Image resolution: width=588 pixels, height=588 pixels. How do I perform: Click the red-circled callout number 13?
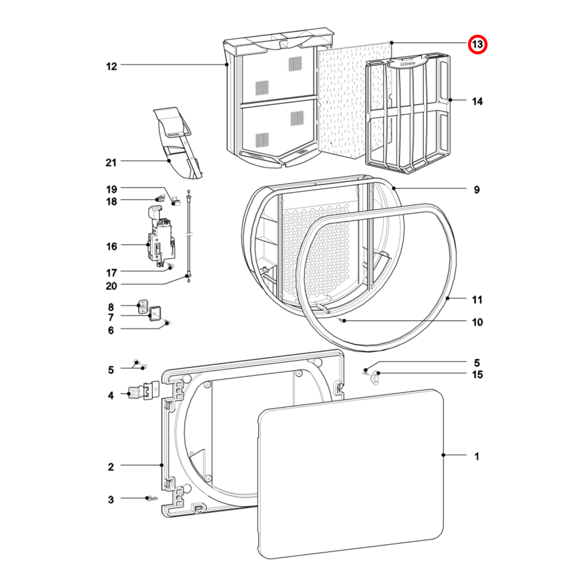pos(477,44)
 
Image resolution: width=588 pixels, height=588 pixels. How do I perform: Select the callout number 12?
pos(111,66)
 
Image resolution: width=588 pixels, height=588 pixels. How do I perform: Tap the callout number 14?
pos(477,101)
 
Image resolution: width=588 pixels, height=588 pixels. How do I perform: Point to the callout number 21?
pos(111,162)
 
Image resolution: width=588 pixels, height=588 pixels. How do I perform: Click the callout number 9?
pos(477,190)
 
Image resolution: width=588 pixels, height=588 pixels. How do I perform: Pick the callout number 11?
pos(477,300)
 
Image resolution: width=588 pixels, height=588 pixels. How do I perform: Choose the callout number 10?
pos(477,322)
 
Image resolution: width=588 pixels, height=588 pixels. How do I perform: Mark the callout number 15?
pos(477,374)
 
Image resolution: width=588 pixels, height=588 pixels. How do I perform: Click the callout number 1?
pos(477,457)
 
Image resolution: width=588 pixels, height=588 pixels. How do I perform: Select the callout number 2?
pos(111,467)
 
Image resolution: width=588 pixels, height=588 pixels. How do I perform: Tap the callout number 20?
pos(111,286)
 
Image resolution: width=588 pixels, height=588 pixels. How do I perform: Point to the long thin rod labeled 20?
pos(188,236)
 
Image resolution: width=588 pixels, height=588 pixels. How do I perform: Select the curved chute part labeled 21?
pos(179,142)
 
